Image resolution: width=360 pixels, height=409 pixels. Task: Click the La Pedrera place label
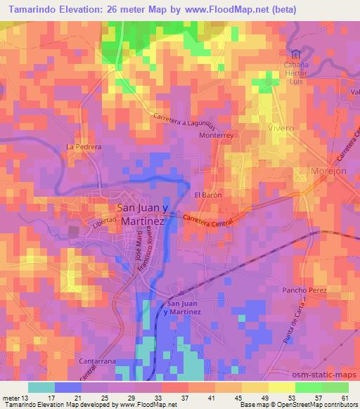(84, 147)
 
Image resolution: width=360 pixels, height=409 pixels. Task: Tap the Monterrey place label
(221, 140)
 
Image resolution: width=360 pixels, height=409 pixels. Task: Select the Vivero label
(281, 129)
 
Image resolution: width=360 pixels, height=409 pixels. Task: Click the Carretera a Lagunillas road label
(184, 119)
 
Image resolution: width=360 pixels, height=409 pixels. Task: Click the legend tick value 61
(345, 398)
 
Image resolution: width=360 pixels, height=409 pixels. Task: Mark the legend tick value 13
(27, 398)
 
